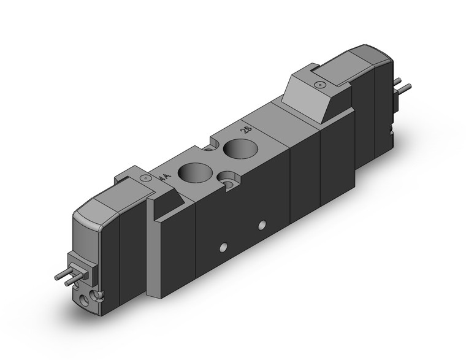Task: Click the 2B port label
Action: pyautogui.click(x=245, y=130)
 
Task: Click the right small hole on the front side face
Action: pyautogui.click(x=262, y=225)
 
